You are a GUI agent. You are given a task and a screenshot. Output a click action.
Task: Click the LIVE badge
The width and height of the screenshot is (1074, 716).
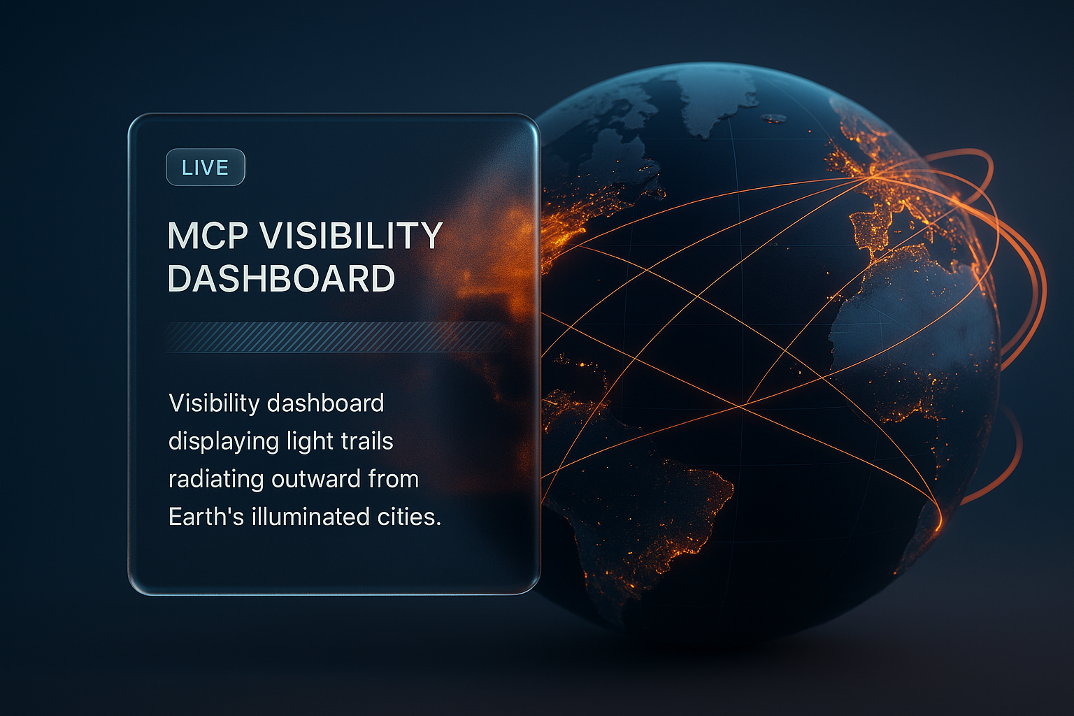[x=205, y=168]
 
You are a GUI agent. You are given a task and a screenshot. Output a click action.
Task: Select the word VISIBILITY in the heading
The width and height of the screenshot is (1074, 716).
[x=352, y=236]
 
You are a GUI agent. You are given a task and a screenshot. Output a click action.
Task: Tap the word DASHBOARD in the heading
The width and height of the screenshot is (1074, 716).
[x=281, y=278]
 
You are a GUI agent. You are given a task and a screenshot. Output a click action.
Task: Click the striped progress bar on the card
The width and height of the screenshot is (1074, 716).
[x=336, y=336]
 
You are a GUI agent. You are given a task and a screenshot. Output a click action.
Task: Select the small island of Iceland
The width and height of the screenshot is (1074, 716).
[x=773, y=118]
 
